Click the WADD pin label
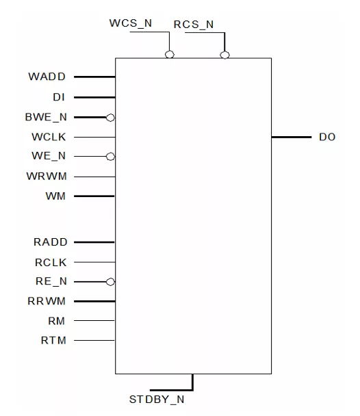(x=47, y=77)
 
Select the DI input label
(x=59, y=97)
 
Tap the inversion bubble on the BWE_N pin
(x=110, y=117)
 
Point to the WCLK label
(x=49, y=137)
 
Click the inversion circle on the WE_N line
(x=110, y=157)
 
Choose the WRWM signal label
(x=47, y=176)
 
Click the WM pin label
(x=55, y=196)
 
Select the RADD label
(x=51, y=242)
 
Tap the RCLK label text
(x=51, y=262)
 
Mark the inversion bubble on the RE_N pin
(x=110, y=282)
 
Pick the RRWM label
(x=47, y=301)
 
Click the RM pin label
(x=56, y=321)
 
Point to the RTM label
(x=53, y=340)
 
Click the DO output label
(x=327, y=137)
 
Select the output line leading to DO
(x=292, y=137)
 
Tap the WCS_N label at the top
(x=131, y=23)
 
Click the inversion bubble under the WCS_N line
(x=170, y=55)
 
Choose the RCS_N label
(x=194, y=25)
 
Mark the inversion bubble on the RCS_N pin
(x=224, y=55)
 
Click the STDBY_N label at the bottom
(x=157, y=400)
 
